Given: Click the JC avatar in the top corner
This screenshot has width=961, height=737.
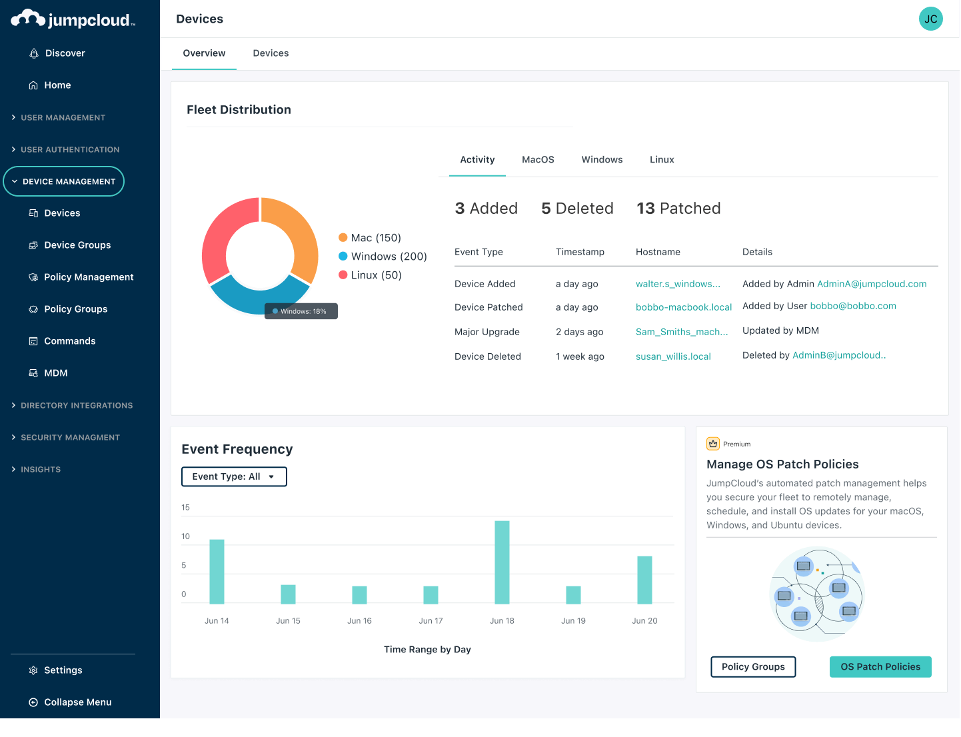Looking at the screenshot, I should pyautogui.click(x=930, y=19).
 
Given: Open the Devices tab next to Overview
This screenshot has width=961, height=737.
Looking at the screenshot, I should pyautogui.click(x=271, y=53).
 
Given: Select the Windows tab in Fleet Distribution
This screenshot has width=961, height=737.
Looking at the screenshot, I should pyautogui.click(x=602, y=160).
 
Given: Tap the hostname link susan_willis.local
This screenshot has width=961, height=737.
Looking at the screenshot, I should pyautogui.click(x=673, y=357).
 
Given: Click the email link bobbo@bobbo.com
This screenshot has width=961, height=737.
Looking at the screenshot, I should pyautogui.click(x=853, y=306).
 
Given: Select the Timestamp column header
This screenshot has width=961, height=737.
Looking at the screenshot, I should pyautogui.click(x=580, y=252).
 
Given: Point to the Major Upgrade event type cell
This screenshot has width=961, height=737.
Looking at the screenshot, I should pyautogui.click(x=486, y=332).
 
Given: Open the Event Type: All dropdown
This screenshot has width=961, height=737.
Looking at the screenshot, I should pyautogui.click(x=234, y=476).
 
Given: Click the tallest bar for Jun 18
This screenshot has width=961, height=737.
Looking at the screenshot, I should pyautogui.click(x=502, y=562).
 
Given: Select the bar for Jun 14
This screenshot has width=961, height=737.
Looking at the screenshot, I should pyautogui.click(x=217, y=571).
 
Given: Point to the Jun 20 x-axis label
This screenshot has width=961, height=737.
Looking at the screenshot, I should pyautogui.click(x=644, y=621).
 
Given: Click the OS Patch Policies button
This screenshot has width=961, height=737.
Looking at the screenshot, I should pyautogui.click(x=880, y=666).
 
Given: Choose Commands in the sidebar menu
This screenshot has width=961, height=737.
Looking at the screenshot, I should pyautogui.click(x=69, y=341).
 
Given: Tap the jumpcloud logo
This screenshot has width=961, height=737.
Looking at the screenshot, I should pyautogui.click(x=73, y=19).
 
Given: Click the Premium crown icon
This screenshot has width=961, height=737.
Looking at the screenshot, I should pyautogui.click(x=713, y=444).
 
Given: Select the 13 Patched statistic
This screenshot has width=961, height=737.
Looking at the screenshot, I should pyautogui.click(x=678, y=209).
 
